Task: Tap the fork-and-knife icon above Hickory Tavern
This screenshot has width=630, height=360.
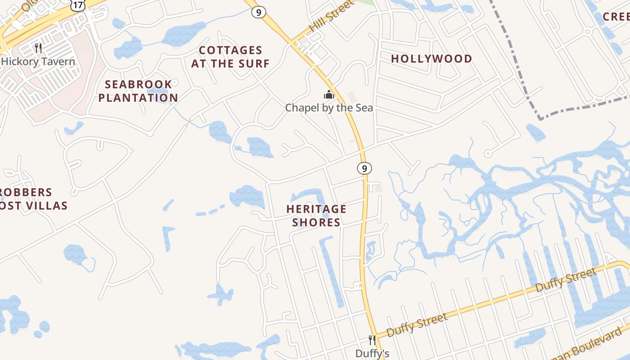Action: (x=38, y=48)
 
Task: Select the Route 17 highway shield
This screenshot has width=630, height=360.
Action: (x=78, y=5)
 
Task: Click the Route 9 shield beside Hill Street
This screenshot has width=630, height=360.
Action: (x=258, y=12)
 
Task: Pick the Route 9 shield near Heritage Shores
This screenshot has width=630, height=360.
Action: (x=364, y=169)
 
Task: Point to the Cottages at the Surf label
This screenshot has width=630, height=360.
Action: (x=230, y=57)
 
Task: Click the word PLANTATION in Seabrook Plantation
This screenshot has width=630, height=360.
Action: (x=138, y=98)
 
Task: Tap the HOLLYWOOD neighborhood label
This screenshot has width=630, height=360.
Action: (x=432, y=58)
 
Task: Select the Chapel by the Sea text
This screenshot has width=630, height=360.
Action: (x=329, y=108)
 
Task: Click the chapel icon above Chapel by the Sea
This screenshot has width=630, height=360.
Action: (x=329, y=95)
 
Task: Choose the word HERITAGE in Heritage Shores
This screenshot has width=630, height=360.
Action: (x=316, y=209)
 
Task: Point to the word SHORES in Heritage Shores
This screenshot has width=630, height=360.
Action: (x=316, y=222)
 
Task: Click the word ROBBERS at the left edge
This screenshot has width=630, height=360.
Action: (x=26, y=192)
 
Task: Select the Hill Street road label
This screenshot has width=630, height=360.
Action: (x=332, y=17)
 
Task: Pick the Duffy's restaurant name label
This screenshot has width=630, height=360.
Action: (x=372, y=354)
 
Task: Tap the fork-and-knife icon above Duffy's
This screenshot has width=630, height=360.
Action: (x=372, y=340)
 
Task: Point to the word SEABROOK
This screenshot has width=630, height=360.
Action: (x=139, y=84)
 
